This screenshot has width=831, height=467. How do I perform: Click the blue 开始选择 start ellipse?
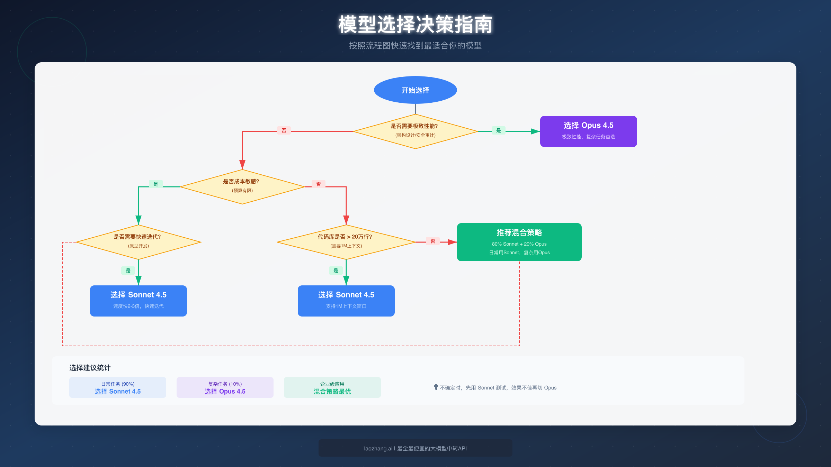tap(415, 90)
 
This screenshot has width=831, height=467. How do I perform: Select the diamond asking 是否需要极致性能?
tap(415, 131)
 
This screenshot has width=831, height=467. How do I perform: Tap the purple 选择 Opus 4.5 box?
tap(588, 131)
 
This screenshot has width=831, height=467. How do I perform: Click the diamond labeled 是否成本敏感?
tap(242, 187)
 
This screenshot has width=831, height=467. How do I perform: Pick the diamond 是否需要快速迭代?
tap(138, 242)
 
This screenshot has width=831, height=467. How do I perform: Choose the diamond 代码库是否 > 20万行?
tap(346, 242)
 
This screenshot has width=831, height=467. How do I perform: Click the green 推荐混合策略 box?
tap(519, 242)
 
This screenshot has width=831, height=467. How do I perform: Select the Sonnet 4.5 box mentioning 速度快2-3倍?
tap(138, 301)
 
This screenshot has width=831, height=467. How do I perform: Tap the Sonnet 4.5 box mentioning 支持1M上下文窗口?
tap(346, 301)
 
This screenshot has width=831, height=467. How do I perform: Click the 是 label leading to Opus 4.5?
tap(498, 130)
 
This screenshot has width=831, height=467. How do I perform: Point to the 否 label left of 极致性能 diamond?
tap(284, 130)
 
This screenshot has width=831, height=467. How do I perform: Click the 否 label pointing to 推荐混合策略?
tap(432, 241)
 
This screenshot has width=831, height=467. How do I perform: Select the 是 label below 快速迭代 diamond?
tap(128, 271)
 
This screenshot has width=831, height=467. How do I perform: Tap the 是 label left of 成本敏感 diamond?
tap(155, 184)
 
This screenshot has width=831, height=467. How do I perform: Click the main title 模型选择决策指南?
tap(415, 25)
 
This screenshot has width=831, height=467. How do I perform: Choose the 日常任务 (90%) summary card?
tap(117, 387)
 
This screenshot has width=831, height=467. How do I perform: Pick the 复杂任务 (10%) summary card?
tap(225, 387)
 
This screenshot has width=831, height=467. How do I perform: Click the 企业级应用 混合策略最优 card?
tap(332, 387)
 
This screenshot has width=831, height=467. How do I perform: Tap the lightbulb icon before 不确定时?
tap(436, 387)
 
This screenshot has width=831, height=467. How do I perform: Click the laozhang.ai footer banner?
tap(415, 448)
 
